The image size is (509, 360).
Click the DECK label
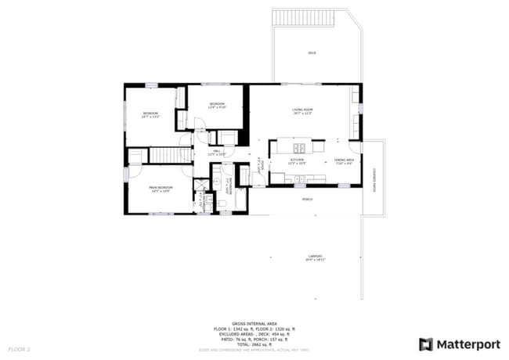[312, 52]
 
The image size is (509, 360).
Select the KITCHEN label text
[297, 160]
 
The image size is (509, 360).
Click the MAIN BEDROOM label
[161, 187]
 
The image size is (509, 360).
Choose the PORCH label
[308, 199]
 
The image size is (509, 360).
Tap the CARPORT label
[316, 257]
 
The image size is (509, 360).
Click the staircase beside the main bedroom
[165, 155]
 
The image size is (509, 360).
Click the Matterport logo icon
[426, 344]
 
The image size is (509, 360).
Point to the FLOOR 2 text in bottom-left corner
[19, 347]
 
